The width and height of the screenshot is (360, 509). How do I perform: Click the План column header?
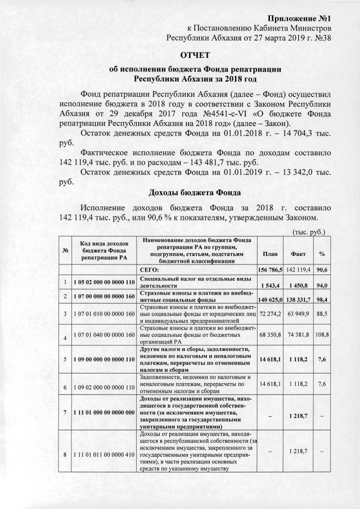[269, 254]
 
